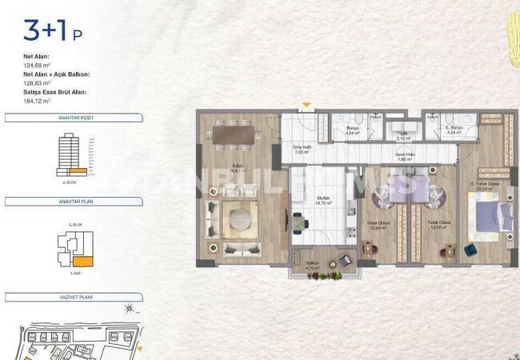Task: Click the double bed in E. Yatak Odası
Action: coord(490,215)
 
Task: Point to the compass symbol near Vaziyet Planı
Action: coord(127,310)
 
